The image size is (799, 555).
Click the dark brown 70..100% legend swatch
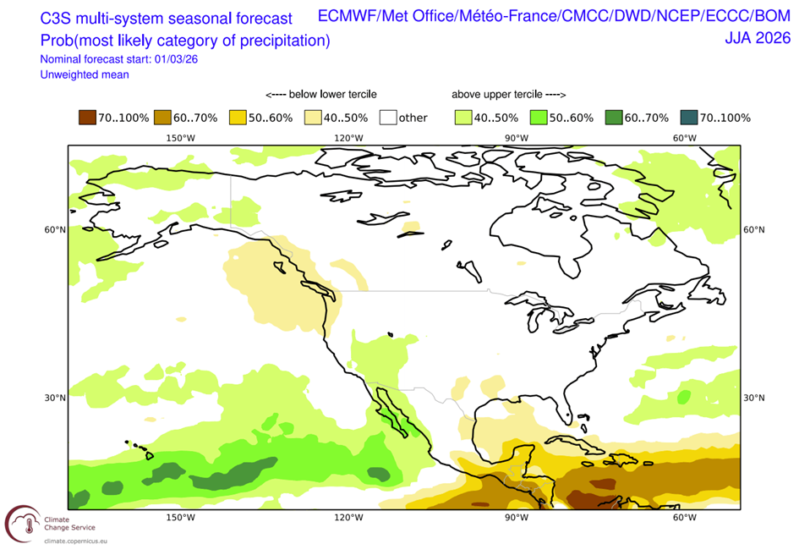[x=85, y=118]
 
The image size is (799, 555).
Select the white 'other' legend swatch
[x=387, y=118]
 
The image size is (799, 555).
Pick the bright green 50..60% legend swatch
[x=537, y=118]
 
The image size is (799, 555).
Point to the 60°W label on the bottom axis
[x=685, y=518]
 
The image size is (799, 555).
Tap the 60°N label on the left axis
[x=56, y=230]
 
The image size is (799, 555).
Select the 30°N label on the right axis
[x=753, y=398]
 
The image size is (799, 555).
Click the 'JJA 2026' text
[x=758, y=37]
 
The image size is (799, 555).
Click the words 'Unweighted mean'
[x=84, y=74]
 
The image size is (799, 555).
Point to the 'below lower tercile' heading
[x=321, y=94]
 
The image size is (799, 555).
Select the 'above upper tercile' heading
[x=508, y=94]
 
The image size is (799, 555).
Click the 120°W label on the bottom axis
[x=348, y=518]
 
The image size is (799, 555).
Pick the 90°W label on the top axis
[x=517, y=138]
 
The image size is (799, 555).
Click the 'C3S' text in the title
[x=60, y=18]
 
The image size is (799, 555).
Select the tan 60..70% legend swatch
[x=161, y=118]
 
